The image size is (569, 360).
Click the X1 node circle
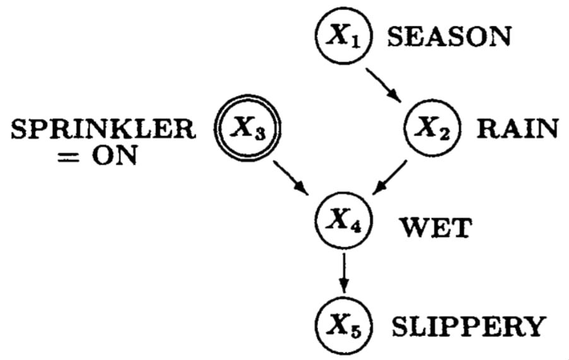344,36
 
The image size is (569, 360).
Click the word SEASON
449,37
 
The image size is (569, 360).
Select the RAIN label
517,129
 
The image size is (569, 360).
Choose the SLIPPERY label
467,327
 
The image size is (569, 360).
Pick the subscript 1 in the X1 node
355,40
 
